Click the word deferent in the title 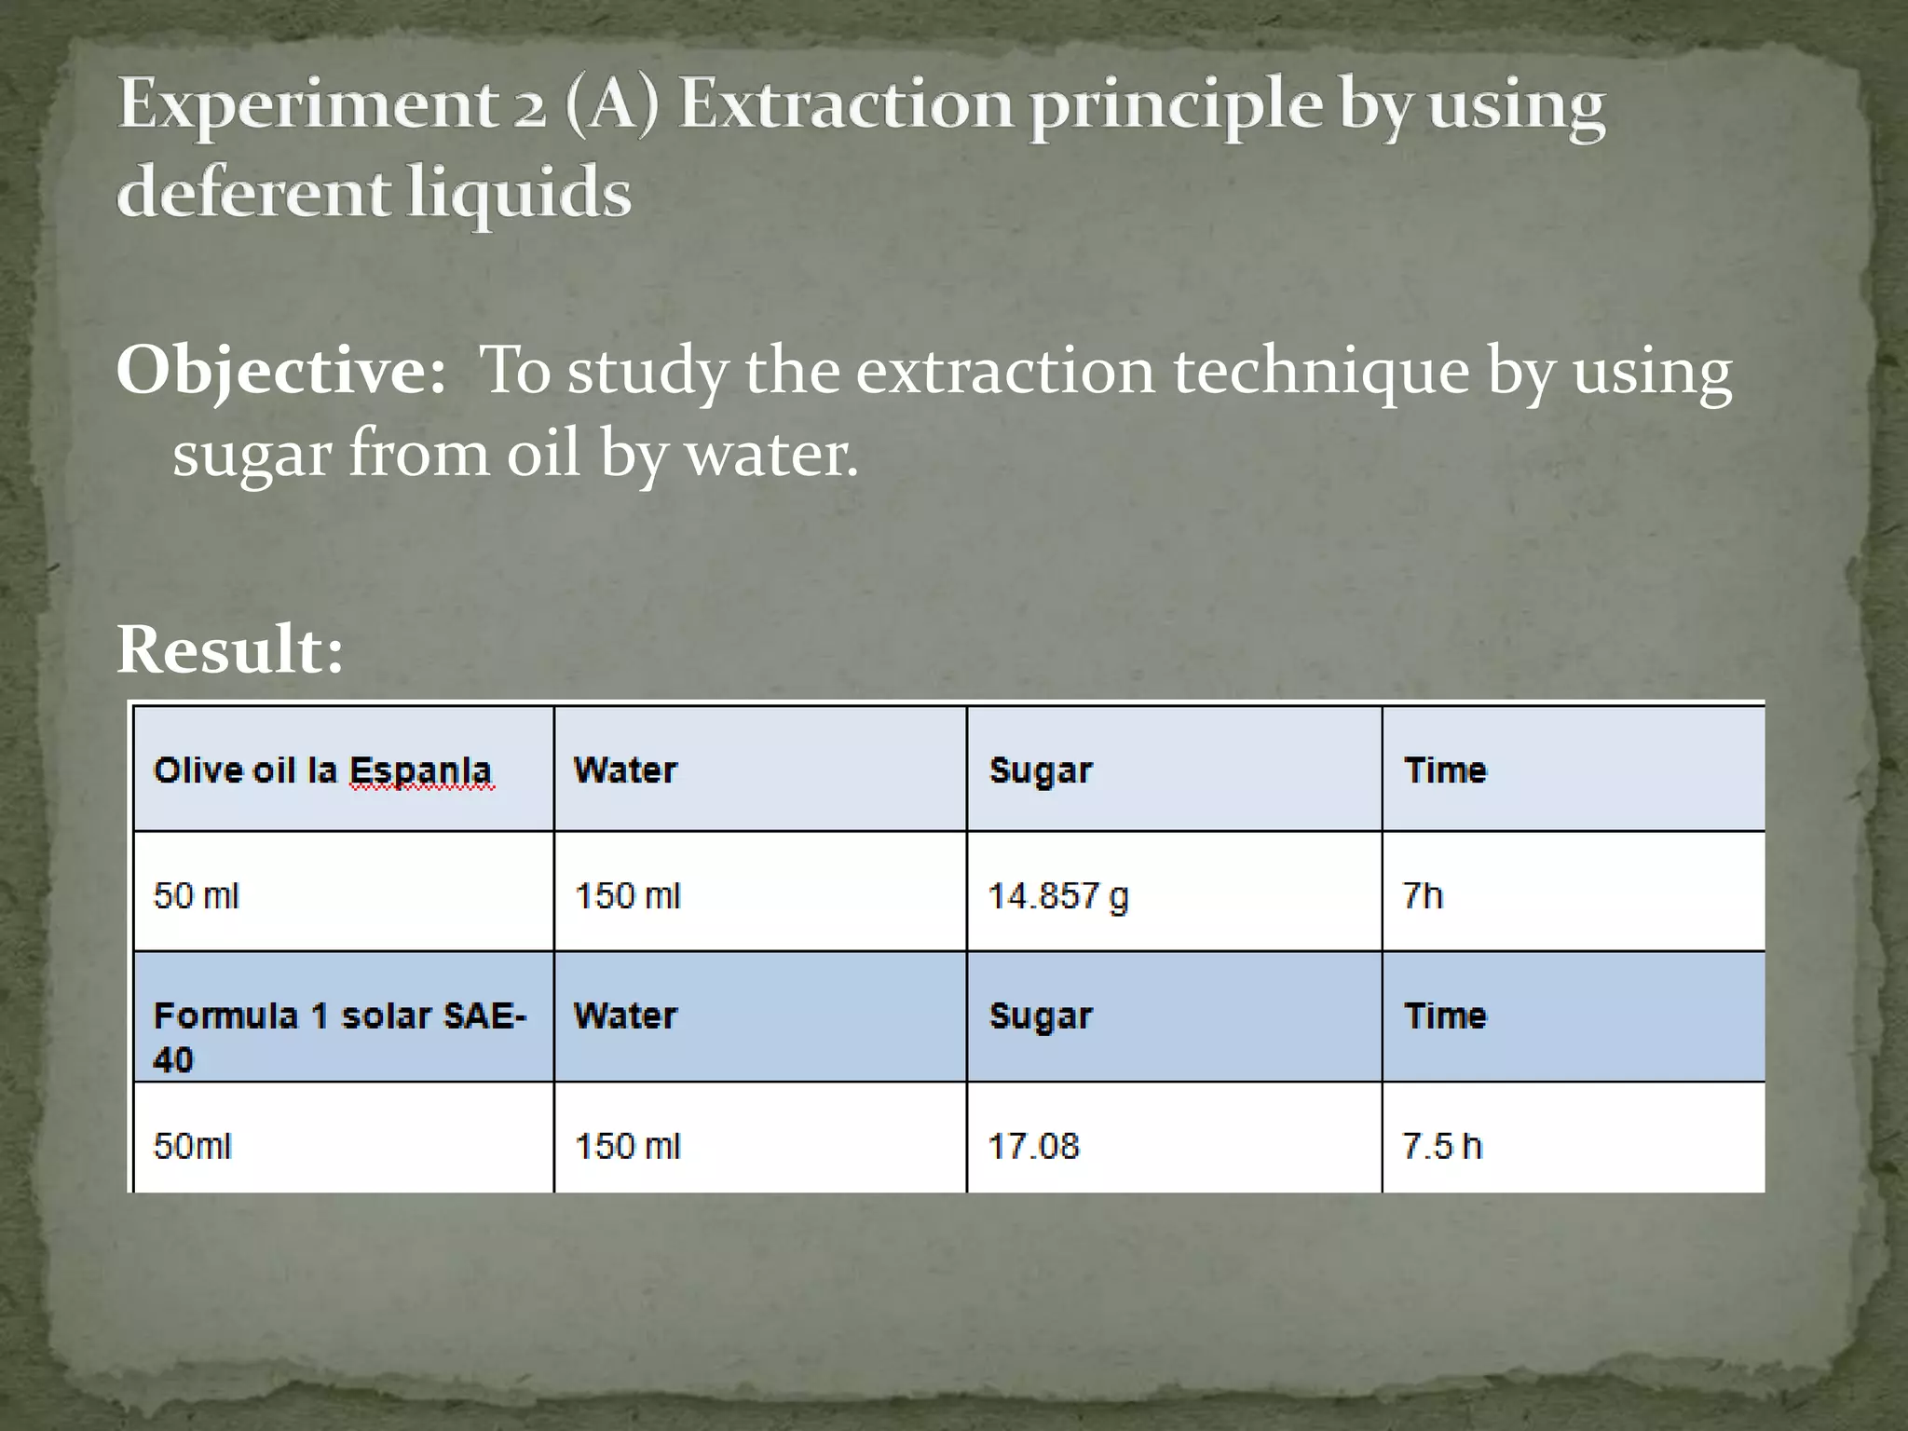pyautogui.click(x=253, y=192)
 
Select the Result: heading pyautogui.click(x=230, y=649)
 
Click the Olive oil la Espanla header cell pyautogui.click(x=322, y=770)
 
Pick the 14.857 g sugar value pyautogui.click(x=1057, y=896)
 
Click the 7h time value pyautogui.click(x=1423, y=896)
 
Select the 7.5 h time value pyautogui.click(x=1441, y=1146)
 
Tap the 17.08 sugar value pyautogui.click(x=1033, y=1146)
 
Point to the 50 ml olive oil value pyautogui.click(x=196, y=896)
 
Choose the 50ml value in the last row pyautogui.click(x=192, y=1146)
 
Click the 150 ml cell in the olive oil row pyautogui.click(x=627, y=896)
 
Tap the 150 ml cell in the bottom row pyautogui.click(x=627, y=1146)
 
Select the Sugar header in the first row pyautogui.click(x=1040, y=770)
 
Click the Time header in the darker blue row pyautogui.click(x=1445, y=1015)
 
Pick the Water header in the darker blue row pyautogui.click(x=625, y=1015)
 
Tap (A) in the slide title pyautogui.click(x=611, y=104)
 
